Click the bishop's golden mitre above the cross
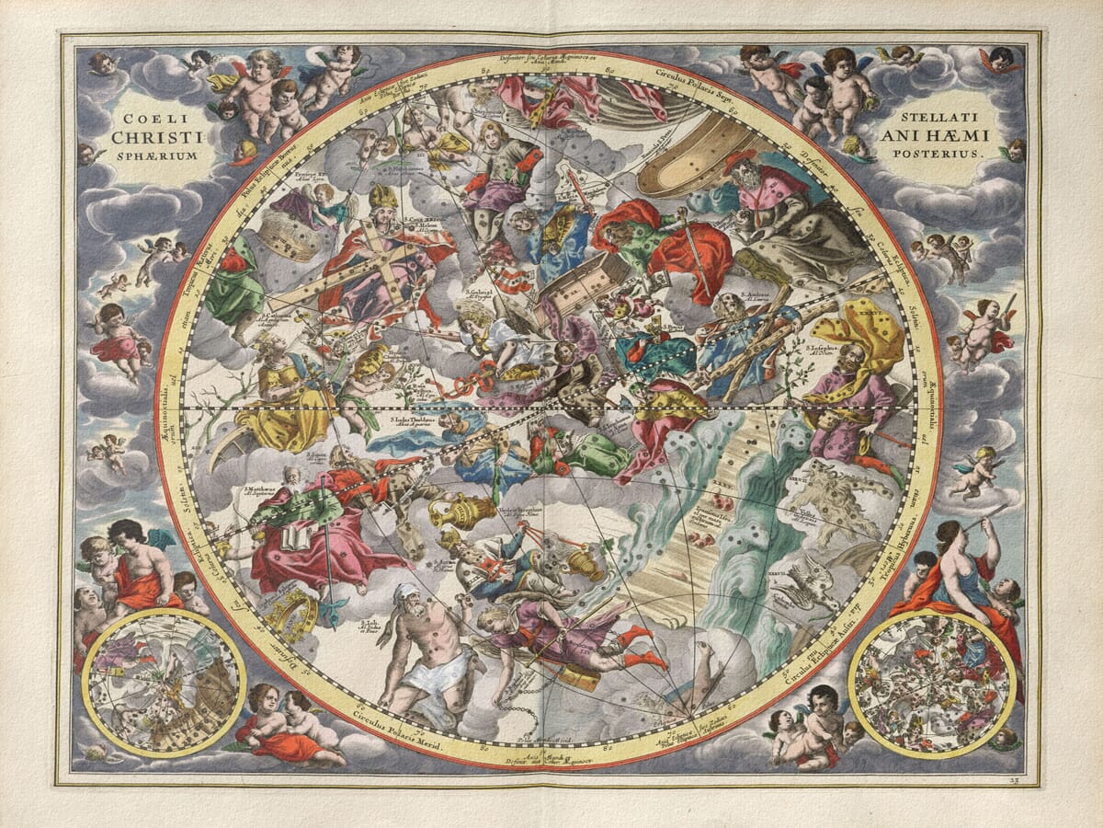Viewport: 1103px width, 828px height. [383, 197]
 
